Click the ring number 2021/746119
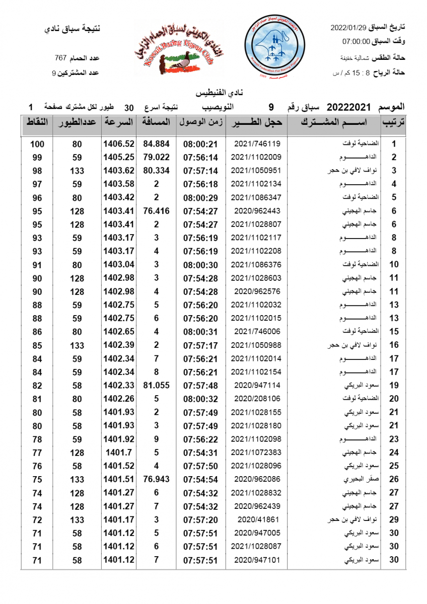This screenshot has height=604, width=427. (257, 143)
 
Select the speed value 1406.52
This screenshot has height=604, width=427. (119, 144)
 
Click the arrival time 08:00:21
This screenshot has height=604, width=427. (200, 144)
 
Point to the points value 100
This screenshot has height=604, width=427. (37, 144)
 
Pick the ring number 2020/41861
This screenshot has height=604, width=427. (257, 519)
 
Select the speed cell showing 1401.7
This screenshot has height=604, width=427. (119, 452)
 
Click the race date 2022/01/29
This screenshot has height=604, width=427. (347, 27)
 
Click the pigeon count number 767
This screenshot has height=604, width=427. (61, 58)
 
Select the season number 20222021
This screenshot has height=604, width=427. (348, 107)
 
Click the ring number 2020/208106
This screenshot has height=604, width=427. (257, 399)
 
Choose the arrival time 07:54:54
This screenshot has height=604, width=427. (200, 479)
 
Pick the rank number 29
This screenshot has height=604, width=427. (394, 519)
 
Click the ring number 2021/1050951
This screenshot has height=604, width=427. (257, 171)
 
